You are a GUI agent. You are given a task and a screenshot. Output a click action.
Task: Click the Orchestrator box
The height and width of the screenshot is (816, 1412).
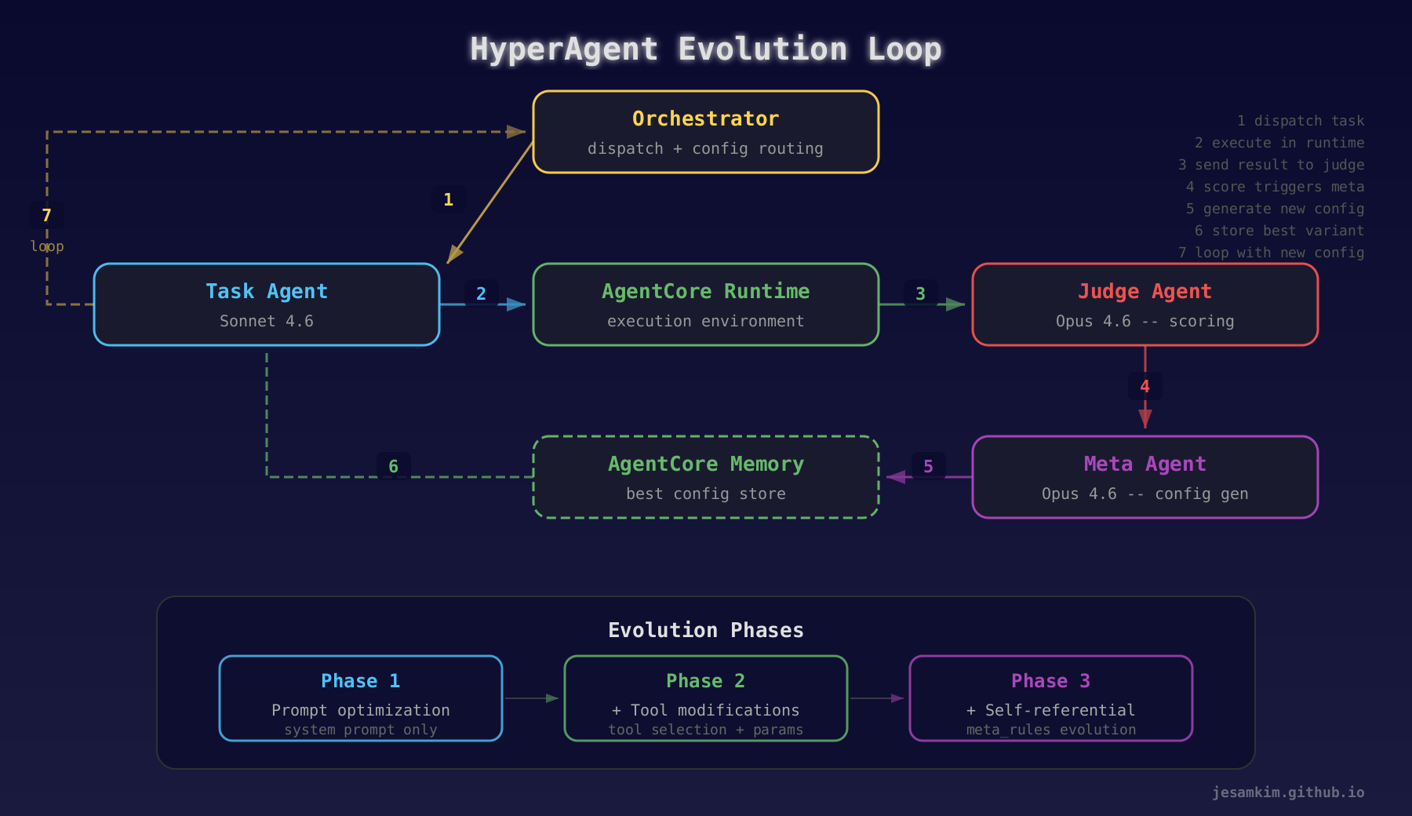tap(705, 132)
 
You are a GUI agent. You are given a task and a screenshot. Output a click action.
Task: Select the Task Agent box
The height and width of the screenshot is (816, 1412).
tap(266, 304)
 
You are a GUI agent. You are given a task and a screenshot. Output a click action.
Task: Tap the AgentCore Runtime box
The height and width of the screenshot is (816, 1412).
tap(705, 304)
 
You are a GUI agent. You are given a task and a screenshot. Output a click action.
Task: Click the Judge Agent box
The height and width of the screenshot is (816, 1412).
tap(1145, 304)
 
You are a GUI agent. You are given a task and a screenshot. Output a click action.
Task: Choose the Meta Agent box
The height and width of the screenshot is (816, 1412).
tap(1145, 477)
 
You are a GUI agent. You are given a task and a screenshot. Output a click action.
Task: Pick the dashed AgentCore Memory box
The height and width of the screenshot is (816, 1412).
tap(705, 477)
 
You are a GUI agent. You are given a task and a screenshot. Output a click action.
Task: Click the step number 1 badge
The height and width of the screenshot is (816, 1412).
tap(448, 200)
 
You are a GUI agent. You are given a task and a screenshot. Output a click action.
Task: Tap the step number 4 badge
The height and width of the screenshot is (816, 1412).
tap(1145, 386)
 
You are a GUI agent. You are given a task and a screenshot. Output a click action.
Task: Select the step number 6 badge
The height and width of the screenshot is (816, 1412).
tap(393, 467)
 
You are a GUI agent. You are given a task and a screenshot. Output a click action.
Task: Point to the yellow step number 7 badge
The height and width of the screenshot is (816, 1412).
tap(46, 216)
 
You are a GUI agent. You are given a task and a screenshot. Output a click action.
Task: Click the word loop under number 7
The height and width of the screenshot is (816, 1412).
tap(47, 246)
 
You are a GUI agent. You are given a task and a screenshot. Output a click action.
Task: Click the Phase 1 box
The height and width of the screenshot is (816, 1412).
tap(360, 698)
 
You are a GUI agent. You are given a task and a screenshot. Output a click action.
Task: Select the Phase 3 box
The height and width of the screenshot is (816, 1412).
tap(1050, 698)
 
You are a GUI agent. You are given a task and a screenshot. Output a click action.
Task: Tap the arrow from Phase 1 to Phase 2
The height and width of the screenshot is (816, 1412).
tap(532, 698)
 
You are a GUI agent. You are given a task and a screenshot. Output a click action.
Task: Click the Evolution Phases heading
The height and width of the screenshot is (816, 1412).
tap(705, 630)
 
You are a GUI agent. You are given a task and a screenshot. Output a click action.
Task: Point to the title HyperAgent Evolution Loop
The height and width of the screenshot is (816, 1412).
tap(705, 49)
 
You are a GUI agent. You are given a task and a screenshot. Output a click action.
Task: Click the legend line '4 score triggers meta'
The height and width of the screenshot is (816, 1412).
tap(1275, 187)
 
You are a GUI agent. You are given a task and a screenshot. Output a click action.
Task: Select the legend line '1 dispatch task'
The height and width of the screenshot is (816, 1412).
tap(1301, 121)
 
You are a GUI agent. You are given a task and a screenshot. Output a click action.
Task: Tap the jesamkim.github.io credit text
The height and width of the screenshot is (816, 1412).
tap(1287, 792)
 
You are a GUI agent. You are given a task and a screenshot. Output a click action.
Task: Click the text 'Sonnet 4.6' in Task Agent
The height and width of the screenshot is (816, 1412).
tap(266, 321)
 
